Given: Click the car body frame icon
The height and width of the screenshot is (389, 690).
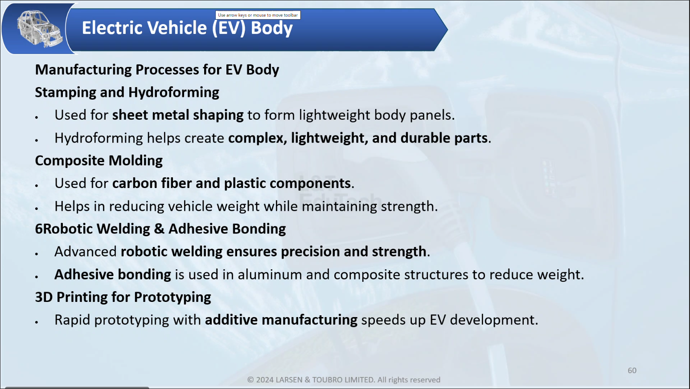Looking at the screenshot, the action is [39, 29].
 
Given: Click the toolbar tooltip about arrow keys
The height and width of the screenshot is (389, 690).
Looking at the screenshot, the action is [258, 15].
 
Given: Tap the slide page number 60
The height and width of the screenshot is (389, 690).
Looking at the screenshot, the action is [632, 371].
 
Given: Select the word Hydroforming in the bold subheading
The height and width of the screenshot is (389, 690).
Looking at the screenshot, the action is [174, 92].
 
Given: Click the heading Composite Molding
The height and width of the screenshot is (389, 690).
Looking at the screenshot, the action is [99, 160].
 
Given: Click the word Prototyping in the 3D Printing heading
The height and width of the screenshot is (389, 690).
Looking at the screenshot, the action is [172, 297].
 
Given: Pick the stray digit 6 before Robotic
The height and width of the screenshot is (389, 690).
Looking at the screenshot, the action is [39, 229].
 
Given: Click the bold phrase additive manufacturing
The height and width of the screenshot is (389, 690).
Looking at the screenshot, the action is [281, 320].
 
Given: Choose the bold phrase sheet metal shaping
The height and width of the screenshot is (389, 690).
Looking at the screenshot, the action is [178, 115].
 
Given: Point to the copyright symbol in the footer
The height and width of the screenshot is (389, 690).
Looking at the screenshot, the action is [251, 380].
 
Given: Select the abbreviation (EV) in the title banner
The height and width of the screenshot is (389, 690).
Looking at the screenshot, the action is [229, 28].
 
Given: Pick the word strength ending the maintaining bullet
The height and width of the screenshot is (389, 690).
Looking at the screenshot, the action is [409, 206].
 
